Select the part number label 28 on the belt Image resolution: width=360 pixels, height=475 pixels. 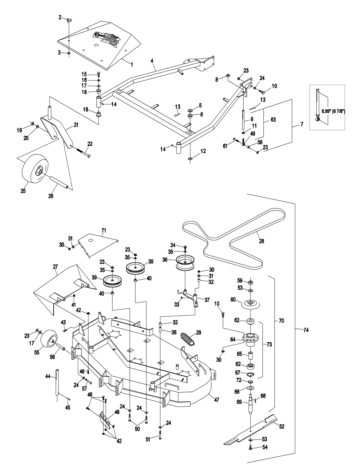tap(261, 241)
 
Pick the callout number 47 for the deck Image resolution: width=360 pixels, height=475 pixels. tap(217, 399)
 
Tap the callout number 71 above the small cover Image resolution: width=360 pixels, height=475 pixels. tap(103, 230)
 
